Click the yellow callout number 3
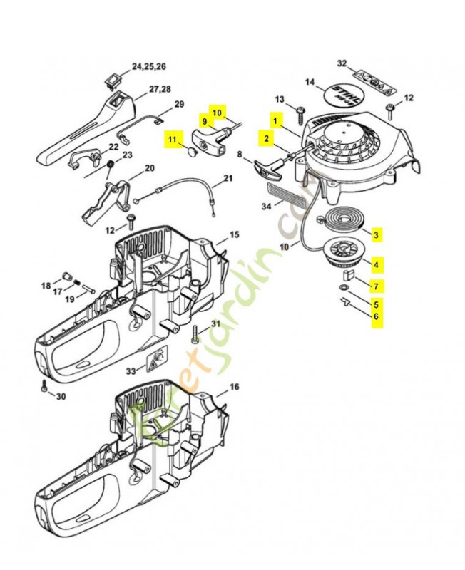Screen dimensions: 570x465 [x=377, y=234]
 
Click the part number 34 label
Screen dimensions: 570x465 [x=266, y=207]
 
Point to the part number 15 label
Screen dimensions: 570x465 [x=234, y=234]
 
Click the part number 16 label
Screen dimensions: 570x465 [x=234, y=389]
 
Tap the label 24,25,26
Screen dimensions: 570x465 [x=148, y=66]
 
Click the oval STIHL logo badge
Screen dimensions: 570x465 [x=349, y=95]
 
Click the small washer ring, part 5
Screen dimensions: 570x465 [x=344, y=287]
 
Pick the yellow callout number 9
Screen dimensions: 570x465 [x=204, y=122]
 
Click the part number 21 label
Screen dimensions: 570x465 [x=228, y=178]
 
